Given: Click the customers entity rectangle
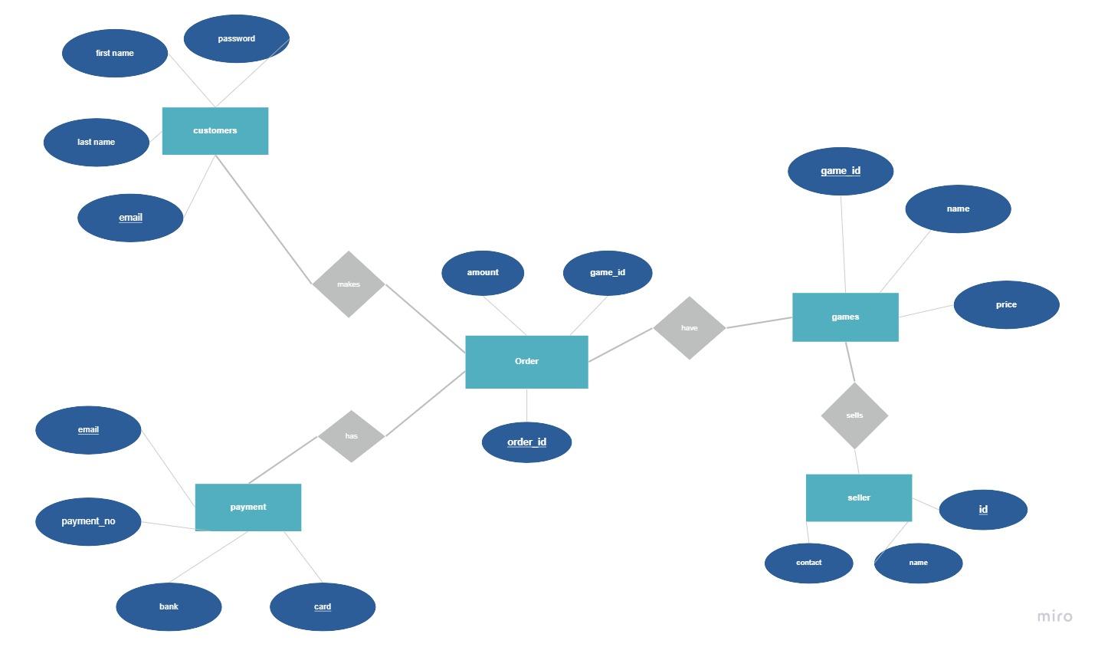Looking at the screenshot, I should pyautogui.click(x=215, y=131).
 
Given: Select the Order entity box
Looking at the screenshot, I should pyautogui.click(x=526, y=362).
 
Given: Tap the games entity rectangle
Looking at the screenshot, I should pyautogui.click(x=845, y=317).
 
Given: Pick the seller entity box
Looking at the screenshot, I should pyautogui.click(x=859, y=498).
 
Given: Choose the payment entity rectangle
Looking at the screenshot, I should pyautogui.click(x=248, y=507).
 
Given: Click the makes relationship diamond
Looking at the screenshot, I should pyautogui.click(x=349, y=284).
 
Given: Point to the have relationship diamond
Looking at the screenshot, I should pyautogui.click(x=690, y=328).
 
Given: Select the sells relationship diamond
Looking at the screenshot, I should pyautogui.click(x=854, y=415).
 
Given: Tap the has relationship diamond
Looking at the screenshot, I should pyautogui.click(x=351, y=436).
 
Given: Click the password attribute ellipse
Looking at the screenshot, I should pyautogui.click(x=237, y=38).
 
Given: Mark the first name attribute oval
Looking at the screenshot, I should pyautogui.click(x=115, y=54).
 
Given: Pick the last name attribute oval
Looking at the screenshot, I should pyautogui.click(x=97, y=142).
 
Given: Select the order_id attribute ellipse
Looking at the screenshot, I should pyautogui.click(x=526, y=442).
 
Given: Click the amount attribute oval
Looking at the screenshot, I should pyautogui.click(x=483, y=273).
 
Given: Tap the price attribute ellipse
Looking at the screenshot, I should pyautogui.click(x=1006, y=305).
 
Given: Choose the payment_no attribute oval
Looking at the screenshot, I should pyautogui.click(x=88, y=521).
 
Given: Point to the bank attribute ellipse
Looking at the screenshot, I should pyautogui.click(x=169, y=606).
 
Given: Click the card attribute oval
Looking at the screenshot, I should pyautogui.click(x=323, y=606).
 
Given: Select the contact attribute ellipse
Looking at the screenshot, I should pyautogui.click(x=808, y=563).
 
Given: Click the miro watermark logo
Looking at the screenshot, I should pyautogui.click(x=1054, y=616).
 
